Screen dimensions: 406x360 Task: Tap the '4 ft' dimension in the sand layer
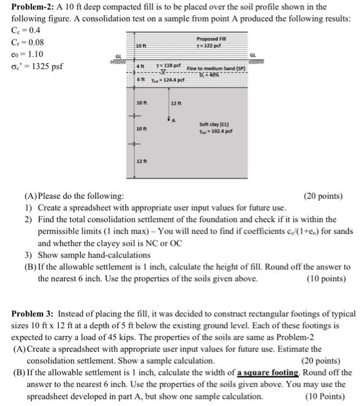click(139, 67)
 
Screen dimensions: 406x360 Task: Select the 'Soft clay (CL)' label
click(213, 124)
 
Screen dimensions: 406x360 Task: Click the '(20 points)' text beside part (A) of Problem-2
click(323, 197)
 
